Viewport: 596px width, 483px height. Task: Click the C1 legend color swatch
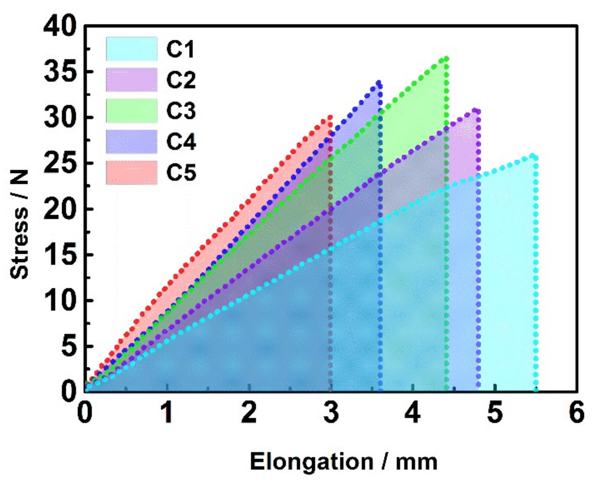coord(131,49)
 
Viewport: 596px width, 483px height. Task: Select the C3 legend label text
coord(181,111)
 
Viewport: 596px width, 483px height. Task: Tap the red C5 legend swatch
coord(131,172)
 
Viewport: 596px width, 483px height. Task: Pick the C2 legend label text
coord(181,80)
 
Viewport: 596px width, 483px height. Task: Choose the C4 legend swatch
coord(131,142)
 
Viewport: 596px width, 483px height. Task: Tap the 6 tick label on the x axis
coord(577,413)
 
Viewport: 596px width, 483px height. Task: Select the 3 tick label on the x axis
coord(331,413)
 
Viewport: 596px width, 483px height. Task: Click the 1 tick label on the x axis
coord(167,413)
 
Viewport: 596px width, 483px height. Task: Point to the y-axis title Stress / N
coord(19,224)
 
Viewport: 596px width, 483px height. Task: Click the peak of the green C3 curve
coord(446,58)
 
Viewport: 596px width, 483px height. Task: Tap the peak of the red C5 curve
coord(330,117)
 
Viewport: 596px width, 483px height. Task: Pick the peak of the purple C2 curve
coord(476,110)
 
